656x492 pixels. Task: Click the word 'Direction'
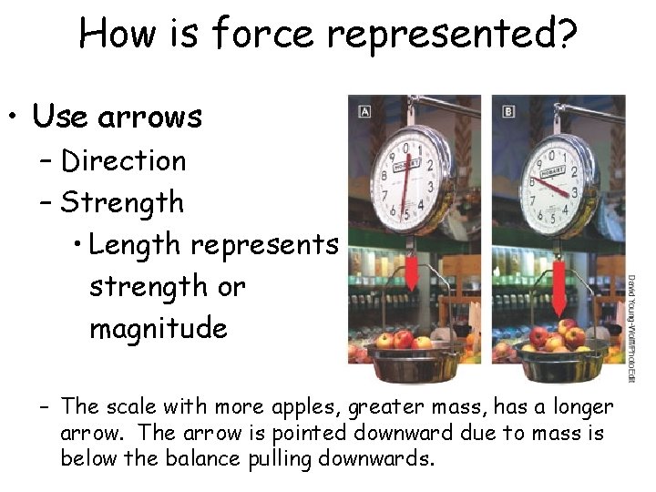point(123,161)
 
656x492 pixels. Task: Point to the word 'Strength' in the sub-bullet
point(122,202)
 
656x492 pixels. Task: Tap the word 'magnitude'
point(158,327)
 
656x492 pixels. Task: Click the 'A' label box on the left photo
point(365,111)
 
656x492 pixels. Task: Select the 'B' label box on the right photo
point(507,111)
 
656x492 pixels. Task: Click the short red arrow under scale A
point(411,272)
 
